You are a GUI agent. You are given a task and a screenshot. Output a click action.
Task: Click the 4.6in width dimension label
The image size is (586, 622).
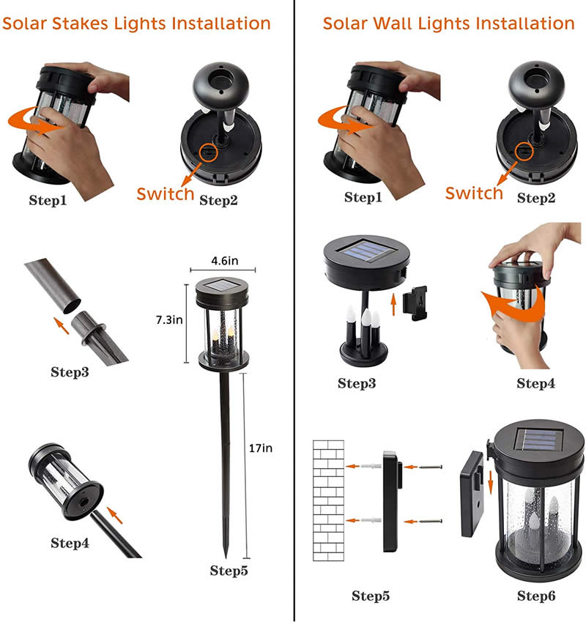tap(225, 261)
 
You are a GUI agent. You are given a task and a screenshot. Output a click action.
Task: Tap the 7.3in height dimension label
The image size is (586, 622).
tap(169, 319)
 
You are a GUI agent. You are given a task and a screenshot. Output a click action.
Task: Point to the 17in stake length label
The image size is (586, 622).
tap(261, 448)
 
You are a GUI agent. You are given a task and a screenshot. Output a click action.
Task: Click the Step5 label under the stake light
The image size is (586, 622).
tap(229, 571)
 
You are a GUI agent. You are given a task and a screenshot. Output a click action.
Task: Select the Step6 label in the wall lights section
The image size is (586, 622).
tap(536, 596)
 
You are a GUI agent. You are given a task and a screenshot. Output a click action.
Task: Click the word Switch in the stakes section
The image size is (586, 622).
tap(166, 194)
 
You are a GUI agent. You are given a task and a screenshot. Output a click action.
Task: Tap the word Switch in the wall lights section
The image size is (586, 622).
tap(474, 193)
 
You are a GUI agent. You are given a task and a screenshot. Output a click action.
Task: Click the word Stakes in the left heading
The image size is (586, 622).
tap(80, 23)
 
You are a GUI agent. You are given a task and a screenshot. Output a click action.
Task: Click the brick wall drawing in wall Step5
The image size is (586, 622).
tap(328, 500)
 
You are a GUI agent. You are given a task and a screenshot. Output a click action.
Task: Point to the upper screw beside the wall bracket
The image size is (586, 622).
tap(431, 467)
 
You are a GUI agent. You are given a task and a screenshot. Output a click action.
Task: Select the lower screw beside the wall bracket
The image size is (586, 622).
tap(431, 521)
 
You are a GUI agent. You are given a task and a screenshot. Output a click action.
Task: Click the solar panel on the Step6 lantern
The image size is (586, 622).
tap(539, 440)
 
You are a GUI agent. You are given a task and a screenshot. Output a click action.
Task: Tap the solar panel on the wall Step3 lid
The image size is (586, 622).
tap(366, 249)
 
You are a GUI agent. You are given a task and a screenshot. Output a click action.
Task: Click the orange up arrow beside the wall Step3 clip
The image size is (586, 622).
tap(393, 304)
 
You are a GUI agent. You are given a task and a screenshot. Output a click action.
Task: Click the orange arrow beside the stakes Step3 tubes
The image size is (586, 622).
tap(62, 325)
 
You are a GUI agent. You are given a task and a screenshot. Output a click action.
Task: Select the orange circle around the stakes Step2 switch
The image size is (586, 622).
tap(208, 152)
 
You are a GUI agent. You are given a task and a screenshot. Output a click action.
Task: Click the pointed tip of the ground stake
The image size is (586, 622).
tap(226, 558)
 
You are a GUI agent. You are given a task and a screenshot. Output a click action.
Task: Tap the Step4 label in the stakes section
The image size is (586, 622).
tap(70, 543)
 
